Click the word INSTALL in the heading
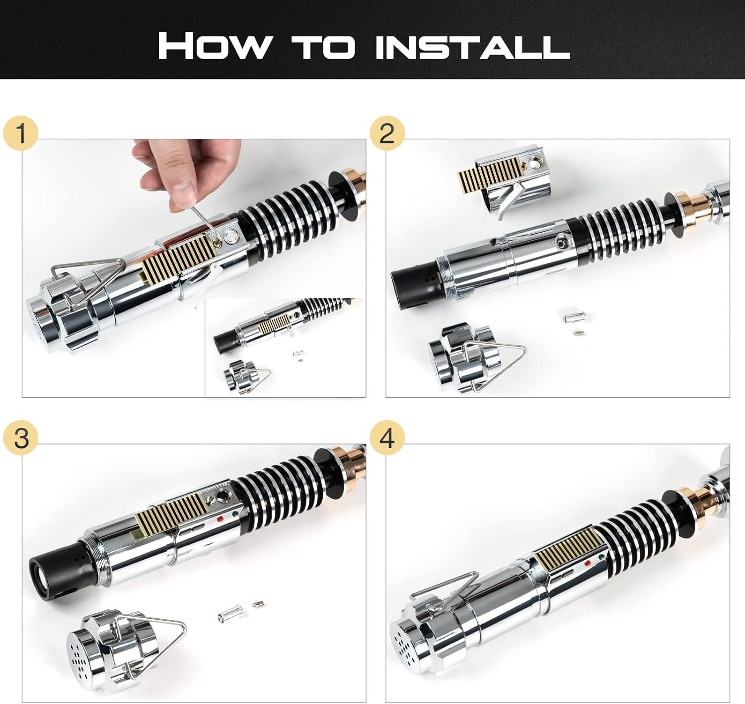[x=472, y=46]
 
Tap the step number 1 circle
[x=20, y=134]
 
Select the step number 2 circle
[x=387, y=134]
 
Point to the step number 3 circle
[x=20, y=439]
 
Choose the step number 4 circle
[x=387, y=439]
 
